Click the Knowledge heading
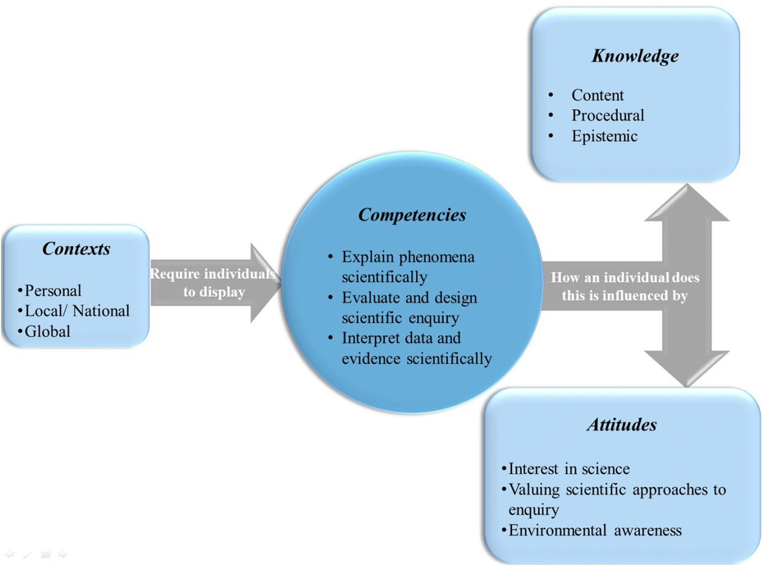tap(635, 56)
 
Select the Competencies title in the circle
tap(412, 215)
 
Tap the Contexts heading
tap(76, 249)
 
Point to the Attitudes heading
tap(622, 425)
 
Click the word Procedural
tap(608, 115)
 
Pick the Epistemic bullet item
tap(604, 136)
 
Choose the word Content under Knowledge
tap(597, 95)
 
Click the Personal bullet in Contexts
tap(53, 290)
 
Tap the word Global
tap(47, 331)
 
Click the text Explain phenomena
tap(408, 257)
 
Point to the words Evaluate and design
tap(409, 297)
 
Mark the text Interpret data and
tap(401, 338)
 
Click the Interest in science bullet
tap(568, 469)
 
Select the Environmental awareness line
tap(594, 530)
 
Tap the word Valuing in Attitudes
tap(534, 489)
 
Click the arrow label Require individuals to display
tap(213, 283)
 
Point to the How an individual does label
tap(624, 277)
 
